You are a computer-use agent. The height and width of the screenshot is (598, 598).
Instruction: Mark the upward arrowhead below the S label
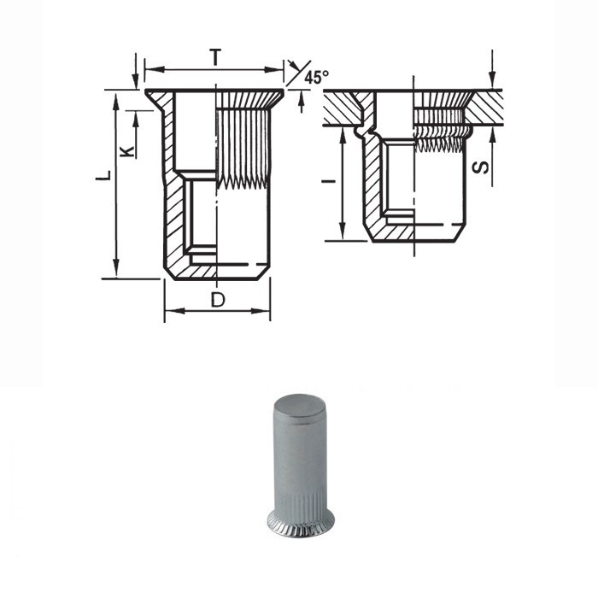(493, 134)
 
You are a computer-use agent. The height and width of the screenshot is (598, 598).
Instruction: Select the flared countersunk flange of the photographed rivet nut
(300, 523)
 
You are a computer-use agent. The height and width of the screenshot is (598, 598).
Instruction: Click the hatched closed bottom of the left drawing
(217, 272)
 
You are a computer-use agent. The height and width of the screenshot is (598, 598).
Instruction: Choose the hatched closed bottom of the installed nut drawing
(417, 232)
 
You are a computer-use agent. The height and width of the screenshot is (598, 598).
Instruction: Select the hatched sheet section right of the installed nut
(487, 107)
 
